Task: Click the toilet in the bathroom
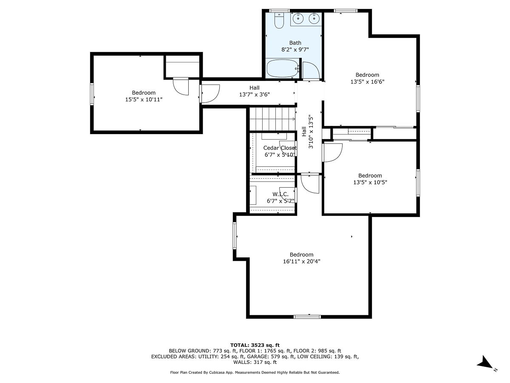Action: [x=279, y=21]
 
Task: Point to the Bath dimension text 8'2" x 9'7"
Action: [x=295, y=49]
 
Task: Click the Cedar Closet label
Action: [x=279, y=148]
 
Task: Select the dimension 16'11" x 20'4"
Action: [x=301, y=261]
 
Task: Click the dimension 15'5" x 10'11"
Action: [x=143, y=99]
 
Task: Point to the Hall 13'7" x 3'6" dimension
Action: [x=254, y=94]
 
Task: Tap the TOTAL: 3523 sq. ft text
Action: [x=255, y=345]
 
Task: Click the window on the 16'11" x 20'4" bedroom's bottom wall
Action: [x=307, y=316]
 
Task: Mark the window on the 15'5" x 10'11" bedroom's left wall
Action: [x=92, y=94]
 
